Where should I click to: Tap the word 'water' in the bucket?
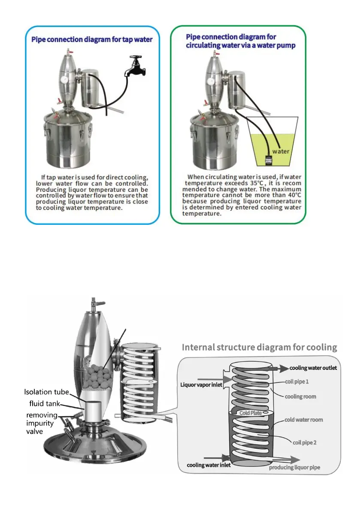point(281,151)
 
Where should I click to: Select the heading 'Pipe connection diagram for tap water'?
point(92,39)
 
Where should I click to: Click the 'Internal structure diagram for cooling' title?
point(260,347)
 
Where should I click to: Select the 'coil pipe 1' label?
point(297,381)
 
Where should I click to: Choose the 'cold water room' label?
point(304,420)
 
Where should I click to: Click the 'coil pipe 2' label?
point(304,442)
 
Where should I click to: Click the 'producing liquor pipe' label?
point(294,467)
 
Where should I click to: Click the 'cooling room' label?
point(300,396)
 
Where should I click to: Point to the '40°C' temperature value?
point(293,195)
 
